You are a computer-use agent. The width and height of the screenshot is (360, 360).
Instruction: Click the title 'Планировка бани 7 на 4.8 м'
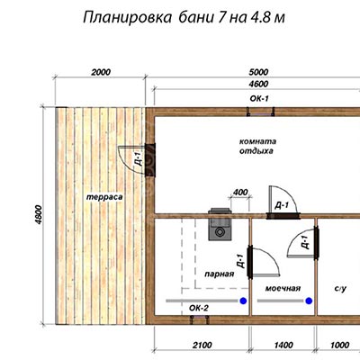184,18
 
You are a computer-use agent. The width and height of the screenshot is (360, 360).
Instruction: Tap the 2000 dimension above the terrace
101,72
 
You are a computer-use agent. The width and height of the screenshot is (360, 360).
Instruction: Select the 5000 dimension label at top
258,72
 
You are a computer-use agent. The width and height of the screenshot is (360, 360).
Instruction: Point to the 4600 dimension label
258,84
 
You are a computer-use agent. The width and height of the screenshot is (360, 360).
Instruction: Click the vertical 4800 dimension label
39,215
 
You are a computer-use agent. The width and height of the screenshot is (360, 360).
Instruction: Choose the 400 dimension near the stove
240,192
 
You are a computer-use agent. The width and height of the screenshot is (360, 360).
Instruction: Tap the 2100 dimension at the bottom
202,346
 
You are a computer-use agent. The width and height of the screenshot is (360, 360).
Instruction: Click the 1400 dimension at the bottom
283,346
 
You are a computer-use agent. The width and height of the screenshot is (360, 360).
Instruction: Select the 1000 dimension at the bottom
339,346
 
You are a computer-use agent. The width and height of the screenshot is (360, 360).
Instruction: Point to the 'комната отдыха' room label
257,146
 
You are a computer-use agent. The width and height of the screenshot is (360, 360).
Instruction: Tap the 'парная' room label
220,274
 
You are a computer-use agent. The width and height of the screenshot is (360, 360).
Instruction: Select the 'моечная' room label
283,289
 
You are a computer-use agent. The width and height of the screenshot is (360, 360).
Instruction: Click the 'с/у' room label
340,289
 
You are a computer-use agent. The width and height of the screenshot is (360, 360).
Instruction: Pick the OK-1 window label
259,99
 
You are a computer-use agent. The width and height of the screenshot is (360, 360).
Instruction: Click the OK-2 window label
199,308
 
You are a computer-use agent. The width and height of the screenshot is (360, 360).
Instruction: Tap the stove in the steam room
220,224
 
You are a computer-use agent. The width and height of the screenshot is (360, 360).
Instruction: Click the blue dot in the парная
243,301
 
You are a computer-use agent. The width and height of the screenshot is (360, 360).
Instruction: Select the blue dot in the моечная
309,301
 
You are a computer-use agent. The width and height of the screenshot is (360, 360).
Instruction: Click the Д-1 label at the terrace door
139,159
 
